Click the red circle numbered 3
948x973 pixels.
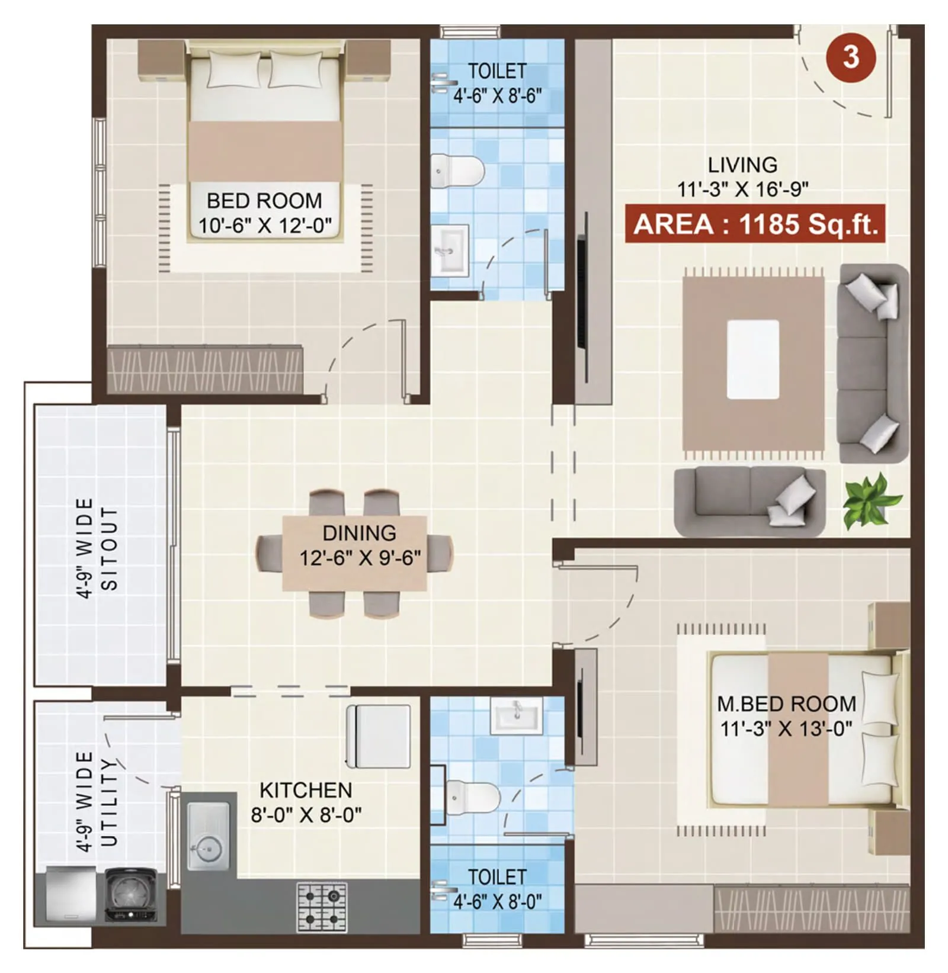click(851, 57)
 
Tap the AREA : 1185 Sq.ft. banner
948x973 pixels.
click(755, 224)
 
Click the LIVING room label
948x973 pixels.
click(742, 165)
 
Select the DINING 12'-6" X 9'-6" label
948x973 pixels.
click(360, 545)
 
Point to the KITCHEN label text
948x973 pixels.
click(306, 790)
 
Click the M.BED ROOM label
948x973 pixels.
click(786, 704)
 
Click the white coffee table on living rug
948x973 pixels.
click(752, 359)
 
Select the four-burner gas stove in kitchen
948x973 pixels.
click(322, 907)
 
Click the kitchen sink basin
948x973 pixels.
click(208, 837)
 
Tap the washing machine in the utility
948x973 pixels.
click(131, 895)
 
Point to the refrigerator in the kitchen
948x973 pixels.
click(379, 736)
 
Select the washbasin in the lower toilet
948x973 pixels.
click(516, 715)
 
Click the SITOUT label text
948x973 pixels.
click(110, 548)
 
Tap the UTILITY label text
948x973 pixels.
click(110, 802)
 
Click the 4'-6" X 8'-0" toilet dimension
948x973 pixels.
click(497, 902)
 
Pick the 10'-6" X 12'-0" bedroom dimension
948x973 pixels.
click(264, 226)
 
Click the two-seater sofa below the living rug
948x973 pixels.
click(750, 500)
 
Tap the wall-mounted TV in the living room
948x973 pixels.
click(582, 296)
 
